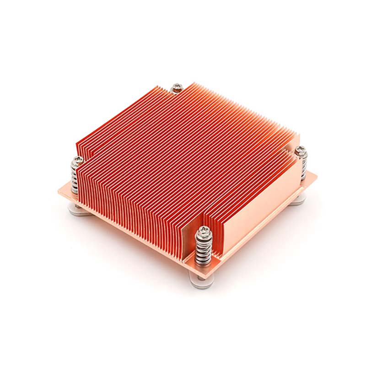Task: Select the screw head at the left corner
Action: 78,160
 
